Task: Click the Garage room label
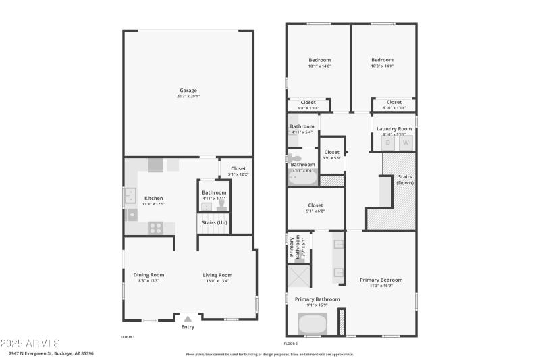click(x=188, y=91)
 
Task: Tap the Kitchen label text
click(x=154, y=198)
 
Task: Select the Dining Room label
click(x=148, y=274)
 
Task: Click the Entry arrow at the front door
click(x=188, y=318)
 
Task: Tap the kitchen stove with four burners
click(x=156, y=228)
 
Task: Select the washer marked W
click(x=406, y=143)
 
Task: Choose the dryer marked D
click(x=387, y=143)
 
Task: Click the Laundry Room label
click(x=394, y=128)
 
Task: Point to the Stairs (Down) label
click(x=405, y=180)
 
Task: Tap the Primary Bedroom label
click(x=381, y=280)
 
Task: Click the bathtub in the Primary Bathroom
click(x=313, y=324)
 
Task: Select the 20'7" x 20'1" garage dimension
click(x=188, y=97)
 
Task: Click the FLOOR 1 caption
click(x=128, y=336)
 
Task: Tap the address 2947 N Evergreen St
click(x=51, y=353)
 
